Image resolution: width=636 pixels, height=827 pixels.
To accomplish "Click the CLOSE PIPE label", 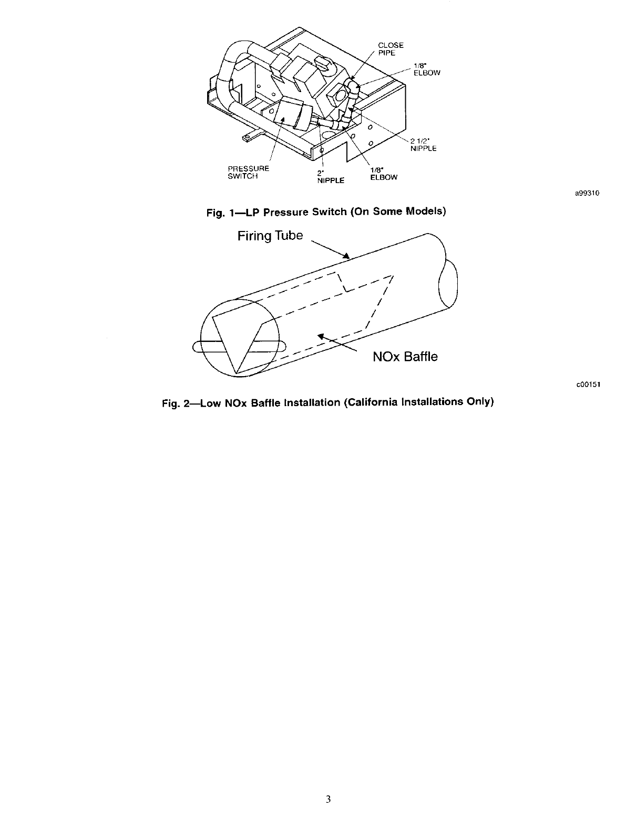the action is point(391,49).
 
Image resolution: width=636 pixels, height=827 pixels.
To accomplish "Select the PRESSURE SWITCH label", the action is point(248,173).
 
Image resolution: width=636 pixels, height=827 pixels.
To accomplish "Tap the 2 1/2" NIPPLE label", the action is point(423,145).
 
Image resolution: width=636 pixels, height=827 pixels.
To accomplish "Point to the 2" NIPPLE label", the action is point(330,177).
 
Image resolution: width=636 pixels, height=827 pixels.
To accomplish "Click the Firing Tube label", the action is point(270,236).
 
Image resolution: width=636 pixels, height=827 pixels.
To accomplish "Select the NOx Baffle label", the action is point(405,357).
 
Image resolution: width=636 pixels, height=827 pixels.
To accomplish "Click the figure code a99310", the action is point(587,193).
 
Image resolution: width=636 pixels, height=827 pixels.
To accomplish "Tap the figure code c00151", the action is point(588,384).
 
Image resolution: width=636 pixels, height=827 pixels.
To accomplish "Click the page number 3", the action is point(328,799).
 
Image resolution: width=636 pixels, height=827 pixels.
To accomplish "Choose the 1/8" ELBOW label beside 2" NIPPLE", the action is point(383,174).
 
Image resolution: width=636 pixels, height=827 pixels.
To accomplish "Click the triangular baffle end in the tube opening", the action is point(235,337).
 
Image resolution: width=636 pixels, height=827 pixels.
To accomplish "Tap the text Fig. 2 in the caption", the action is point(175,403).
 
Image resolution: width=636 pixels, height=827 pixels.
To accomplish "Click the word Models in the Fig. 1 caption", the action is point(424,212).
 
